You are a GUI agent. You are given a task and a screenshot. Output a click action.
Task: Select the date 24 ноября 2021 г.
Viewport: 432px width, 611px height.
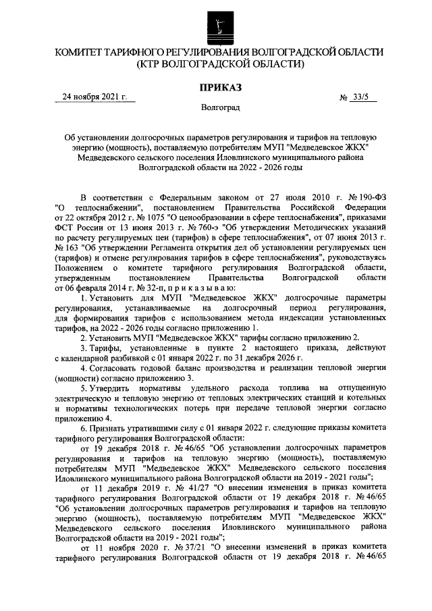pos(94,97)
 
